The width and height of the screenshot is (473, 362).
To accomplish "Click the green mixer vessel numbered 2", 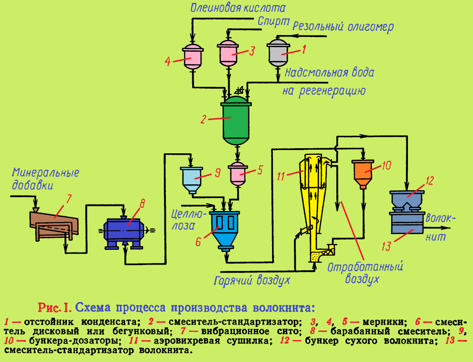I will [x=236, y=121].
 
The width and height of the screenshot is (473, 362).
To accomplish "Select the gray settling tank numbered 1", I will [x=279, y=54].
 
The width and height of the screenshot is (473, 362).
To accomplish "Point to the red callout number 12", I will [x=430, y=181].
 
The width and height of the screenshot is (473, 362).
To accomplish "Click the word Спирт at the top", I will [x=273, y=21].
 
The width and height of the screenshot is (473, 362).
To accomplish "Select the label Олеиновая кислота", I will [x=238, y=7].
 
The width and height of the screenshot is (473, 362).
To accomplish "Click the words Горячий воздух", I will [x=251, y=279].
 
